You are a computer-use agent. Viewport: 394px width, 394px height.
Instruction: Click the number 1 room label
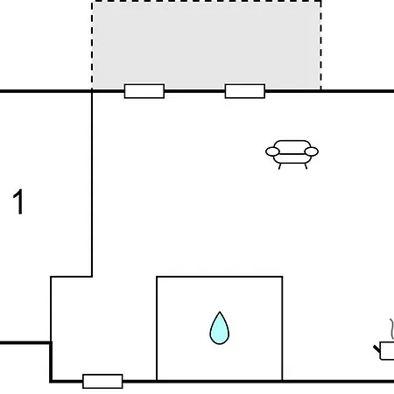[x=18, y=201]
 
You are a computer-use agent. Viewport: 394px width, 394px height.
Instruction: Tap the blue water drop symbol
[x=220, y=328]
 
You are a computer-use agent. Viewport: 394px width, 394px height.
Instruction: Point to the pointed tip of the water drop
[x=220, y=312]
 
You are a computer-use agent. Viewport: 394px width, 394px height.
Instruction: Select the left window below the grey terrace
[x=144, y=91]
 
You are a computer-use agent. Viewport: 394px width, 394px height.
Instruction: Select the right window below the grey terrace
[x=245, y=91]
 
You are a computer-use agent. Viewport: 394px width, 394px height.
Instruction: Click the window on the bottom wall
[x=102, y=381]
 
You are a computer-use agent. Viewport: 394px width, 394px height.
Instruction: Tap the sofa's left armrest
[x=272, y=151]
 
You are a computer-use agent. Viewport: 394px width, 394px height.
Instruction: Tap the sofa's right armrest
[x=311, y=151]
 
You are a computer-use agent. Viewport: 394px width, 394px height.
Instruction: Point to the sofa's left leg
[x=279, y=166]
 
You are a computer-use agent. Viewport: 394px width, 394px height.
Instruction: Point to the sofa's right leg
[x=306, y=166]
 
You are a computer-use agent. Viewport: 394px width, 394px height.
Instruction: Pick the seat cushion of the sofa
[x=292, y=158]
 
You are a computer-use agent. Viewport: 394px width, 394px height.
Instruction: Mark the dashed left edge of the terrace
[x=92, y=46]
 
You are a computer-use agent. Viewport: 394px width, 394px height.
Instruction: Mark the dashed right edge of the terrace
[x=321, y=46]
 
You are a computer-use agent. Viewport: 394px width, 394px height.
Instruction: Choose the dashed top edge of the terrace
[x=207, y=1]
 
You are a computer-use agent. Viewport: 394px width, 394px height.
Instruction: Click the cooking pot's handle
[x=377, y=349]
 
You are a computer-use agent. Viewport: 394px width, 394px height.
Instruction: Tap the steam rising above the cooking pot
[x=392, y=329]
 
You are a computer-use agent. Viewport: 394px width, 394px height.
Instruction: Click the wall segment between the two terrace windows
[x=194, y=91]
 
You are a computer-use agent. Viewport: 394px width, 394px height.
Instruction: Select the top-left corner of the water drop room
[x=157, y=277]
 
